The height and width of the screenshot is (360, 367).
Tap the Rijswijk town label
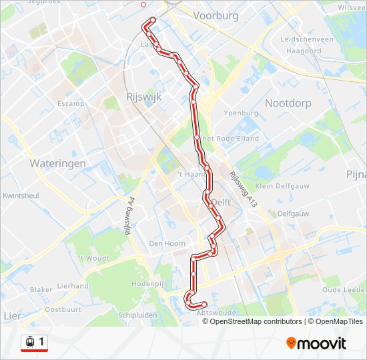coord(139,97)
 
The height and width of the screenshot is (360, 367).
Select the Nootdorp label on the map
coord(288,103)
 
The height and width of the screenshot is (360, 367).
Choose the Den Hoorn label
coord(167,243)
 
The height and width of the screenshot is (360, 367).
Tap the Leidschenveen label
coord(307,39)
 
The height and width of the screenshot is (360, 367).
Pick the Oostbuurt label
coord(63,309)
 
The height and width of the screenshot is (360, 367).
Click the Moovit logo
coord(316,343)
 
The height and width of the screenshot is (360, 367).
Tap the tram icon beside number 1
coord(30,342)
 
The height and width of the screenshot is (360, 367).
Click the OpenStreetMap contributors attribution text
coord(252,321)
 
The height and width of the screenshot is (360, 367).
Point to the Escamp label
coord(71,104)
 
